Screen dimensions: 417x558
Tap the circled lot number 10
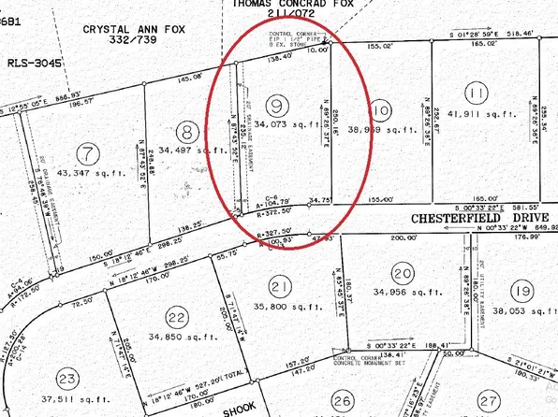(379, 106)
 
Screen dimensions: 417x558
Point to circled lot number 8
(187, 132)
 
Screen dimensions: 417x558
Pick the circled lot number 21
(278, 285)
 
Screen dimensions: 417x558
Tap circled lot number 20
(403, 273)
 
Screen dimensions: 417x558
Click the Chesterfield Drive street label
(467, 216)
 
